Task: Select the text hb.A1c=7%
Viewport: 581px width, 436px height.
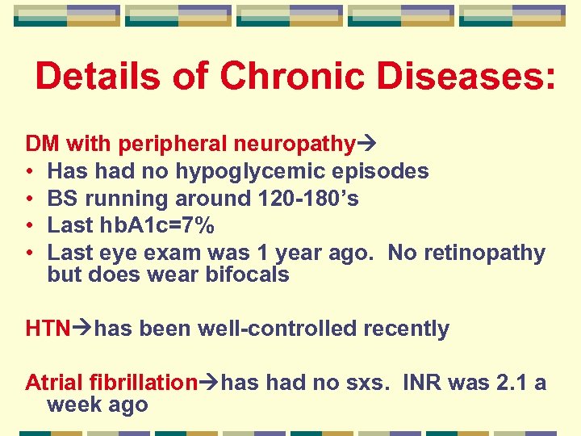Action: [x=154, y=226]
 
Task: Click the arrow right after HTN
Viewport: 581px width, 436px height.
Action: [x=82, y=329]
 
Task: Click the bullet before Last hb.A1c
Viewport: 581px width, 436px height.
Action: [x=29, y=226]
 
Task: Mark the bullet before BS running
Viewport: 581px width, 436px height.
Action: [x=29, y=199]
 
